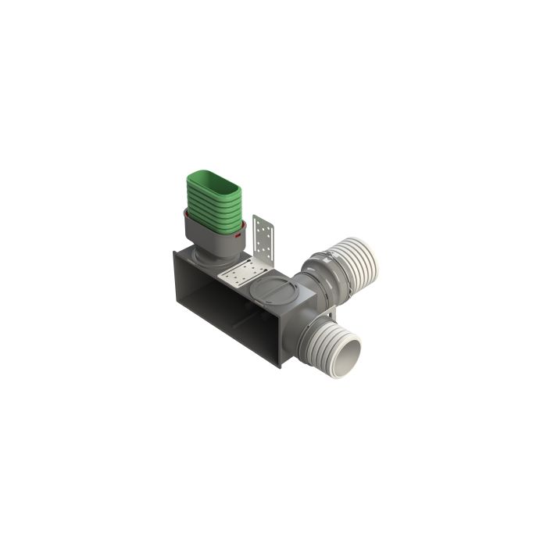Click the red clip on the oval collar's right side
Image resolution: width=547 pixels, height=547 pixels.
(238, 233)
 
